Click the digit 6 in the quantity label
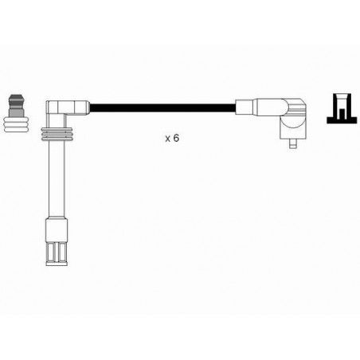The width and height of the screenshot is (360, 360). click(176, 138)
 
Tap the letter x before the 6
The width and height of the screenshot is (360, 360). click(168, 139)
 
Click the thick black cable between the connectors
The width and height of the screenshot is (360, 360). click(162, 108)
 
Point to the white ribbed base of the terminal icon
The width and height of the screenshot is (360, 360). click(16, 125)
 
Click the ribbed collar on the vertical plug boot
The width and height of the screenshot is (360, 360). click(57, 135)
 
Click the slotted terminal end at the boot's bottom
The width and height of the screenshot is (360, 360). click(57, 253)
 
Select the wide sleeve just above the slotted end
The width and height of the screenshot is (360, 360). click(57, 230)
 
